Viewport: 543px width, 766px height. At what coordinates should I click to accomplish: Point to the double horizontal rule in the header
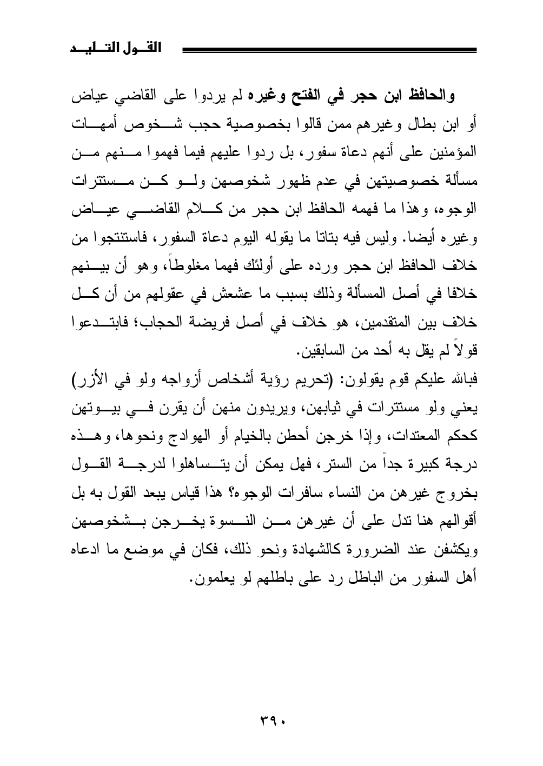(x=330, y=50)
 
